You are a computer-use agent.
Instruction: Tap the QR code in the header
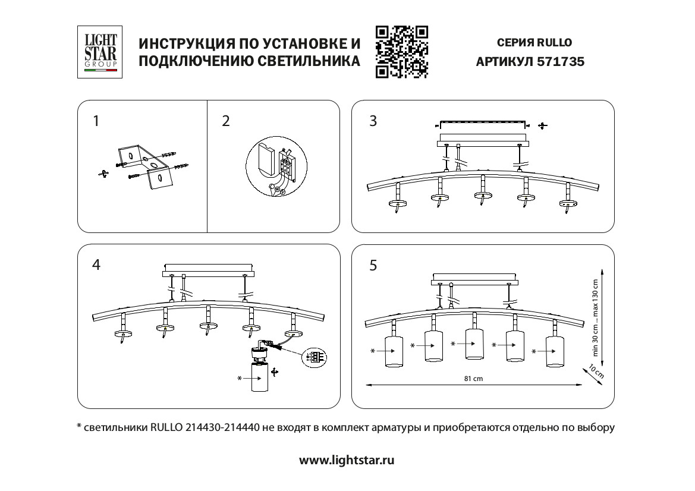pos(402,52)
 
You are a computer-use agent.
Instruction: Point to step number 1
pos(96,121)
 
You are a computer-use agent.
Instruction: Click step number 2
pos(225,121)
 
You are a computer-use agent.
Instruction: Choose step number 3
pos(373,121)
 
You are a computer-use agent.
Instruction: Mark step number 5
pos(373,265)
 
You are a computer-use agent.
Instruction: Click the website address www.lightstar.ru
pos(347,460)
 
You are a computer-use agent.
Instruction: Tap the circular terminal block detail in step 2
pos(275,169)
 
